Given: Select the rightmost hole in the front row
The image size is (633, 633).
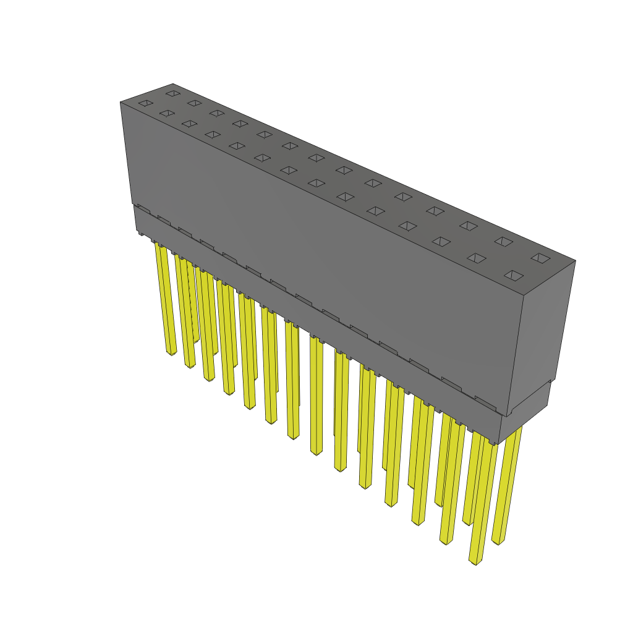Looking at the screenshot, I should (x=514, y=275).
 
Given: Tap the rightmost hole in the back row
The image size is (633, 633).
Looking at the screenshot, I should (x=540, y=258).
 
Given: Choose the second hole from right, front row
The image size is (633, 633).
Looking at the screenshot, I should (x=476, y=258).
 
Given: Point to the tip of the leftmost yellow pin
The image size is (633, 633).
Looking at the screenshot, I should (x=172, y=354).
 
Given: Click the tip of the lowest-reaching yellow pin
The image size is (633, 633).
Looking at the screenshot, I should (x=475, y=562).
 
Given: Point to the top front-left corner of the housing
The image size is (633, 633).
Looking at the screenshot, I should (x=121, y=103).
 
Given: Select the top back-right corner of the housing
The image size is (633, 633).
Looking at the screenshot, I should (x=576, y=260).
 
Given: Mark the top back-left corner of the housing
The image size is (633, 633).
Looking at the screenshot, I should (x=173, y=83).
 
